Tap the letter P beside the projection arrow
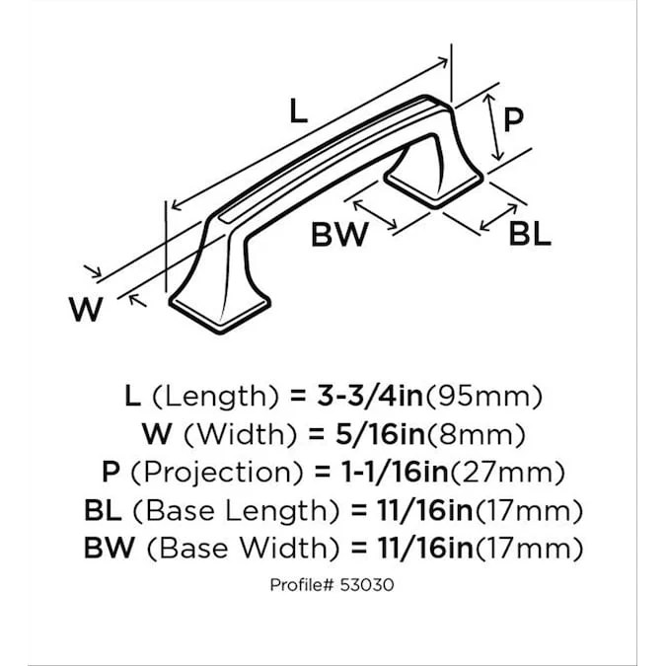point(513,120)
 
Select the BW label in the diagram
point(339,235)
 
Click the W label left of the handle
point(86,311)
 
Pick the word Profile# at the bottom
point(303,584)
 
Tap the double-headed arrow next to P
point(493,126)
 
